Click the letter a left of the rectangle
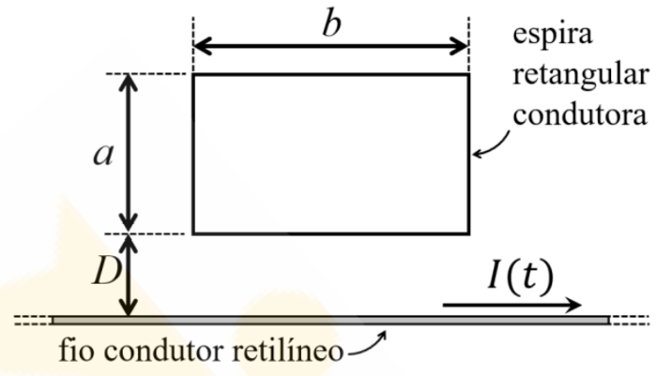[x=103, y=155]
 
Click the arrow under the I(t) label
[x=512, y=305]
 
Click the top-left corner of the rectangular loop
[x=194, y=75]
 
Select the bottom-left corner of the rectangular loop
[x=194, y=232]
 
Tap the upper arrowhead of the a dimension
[x=130, y=82]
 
